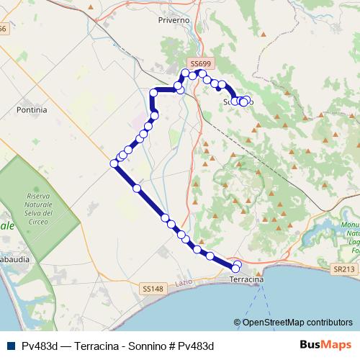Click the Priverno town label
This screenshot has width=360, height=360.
[x=174, y=20]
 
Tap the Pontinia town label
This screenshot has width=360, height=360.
[x=31, y=110]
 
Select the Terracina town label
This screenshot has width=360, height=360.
[x=246, y=279]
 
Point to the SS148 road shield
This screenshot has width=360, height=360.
[x=153, y=288]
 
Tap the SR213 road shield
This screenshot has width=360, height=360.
[x=344, y=269]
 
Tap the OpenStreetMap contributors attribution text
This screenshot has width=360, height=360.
[x=297, y=323]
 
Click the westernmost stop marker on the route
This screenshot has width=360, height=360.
[x=114, y=164]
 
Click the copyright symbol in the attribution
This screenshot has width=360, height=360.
[x=238, y=323]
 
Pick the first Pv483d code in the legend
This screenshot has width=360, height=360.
[x=40, y=346]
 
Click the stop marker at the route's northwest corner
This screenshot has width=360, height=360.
[x=153, y=92]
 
